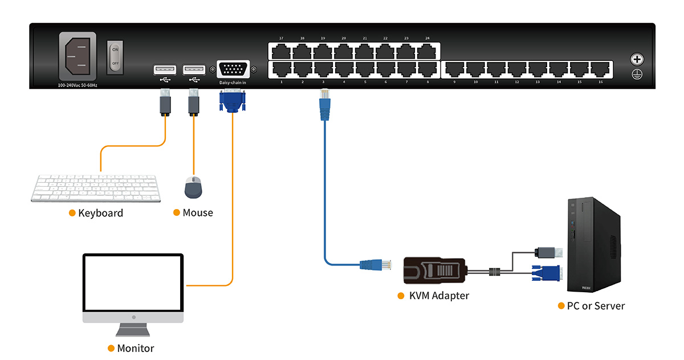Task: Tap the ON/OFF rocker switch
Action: click(115, 57)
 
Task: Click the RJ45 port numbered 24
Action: click(427, 52)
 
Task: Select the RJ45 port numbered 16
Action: click(601, 69)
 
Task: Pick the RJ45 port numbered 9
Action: click(454, 69)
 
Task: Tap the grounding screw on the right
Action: click(637, 59)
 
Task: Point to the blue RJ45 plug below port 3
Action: click(324, 109)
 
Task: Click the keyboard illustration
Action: click(96, 187)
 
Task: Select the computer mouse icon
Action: click(193, 187)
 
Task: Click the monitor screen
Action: click(133, 283)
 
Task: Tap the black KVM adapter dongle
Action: click(435, 270)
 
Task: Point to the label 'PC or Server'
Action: click(596, 306)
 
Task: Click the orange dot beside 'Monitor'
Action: click(111, 348)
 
